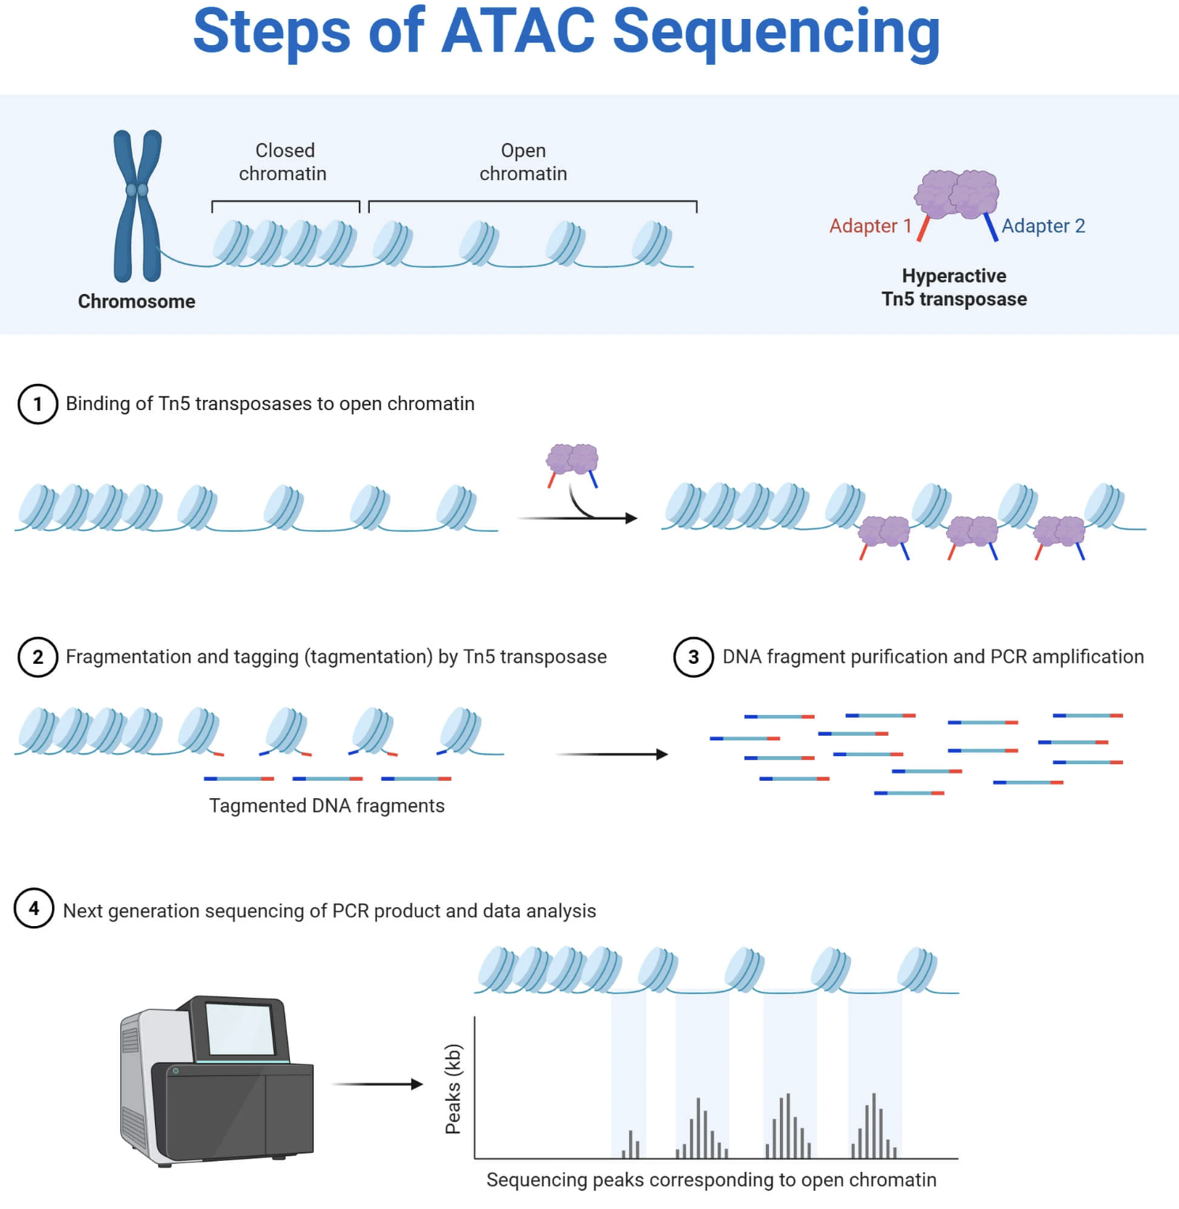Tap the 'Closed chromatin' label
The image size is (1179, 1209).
click(x=283, y=162)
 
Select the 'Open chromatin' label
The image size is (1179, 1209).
click(x=523, y=162)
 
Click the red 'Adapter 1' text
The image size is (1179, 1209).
click(x=870, y=226)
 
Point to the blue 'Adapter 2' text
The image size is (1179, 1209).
click(x=1043, y=226)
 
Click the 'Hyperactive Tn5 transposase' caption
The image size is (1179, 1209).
click(x=955, y=288)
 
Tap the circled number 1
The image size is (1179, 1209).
click(x=38, y=404)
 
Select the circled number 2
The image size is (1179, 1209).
click(x=38, y=657)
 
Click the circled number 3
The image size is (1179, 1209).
click(x=694, y=657)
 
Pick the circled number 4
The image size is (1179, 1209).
click(x=34, y=909)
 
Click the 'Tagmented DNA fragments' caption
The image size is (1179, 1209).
click(x=326, y=806)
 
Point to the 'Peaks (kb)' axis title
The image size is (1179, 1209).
click(x=453, y=1089)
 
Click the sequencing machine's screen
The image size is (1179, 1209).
click(x=239, y=1028)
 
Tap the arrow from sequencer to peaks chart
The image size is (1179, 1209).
click(x=378, y=1084)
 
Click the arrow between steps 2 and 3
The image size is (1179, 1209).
click(x=612, y=755)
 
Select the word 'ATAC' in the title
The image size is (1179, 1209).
click(x=518, y=32)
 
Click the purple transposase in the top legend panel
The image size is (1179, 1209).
click(x=957, y=194)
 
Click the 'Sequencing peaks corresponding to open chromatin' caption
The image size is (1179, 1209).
click(x=711, y=1180)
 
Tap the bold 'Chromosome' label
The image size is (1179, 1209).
click(x=137, y=302)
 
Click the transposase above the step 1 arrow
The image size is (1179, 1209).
click(x=572, y=459)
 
